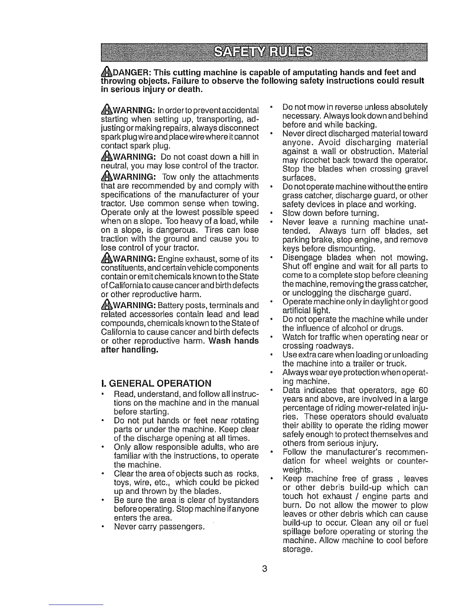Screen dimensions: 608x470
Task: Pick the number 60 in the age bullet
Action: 423,391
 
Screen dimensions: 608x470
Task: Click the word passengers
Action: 180,527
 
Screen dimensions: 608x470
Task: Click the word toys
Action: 122,482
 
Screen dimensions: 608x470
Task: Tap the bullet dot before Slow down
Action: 271,213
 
